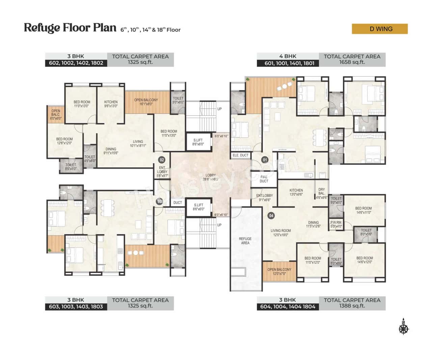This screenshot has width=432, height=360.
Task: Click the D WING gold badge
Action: pyautogui.click(x=380, y=29)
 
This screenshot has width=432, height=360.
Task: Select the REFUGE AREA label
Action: pyautogui.click(x=245, y=241)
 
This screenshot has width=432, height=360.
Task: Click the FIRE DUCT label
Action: pyautogui.click(x=264, y=179)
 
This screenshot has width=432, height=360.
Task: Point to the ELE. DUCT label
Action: pyautogui.click(x=240, y=155)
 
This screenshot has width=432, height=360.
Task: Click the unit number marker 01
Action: pyautogui.click(x=265, y=160)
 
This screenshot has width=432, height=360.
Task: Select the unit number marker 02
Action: pyautogui.click(x=162, y=160)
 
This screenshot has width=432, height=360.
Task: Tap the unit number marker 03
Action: pyautogui.click(x=160, y=201)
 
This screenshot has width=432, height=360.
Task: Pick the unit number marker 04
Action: pyautogui.click(x=271, y=216)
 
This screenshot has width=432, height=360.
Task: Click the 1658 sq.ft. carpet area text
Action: pyautogui.click(x=352, y=62)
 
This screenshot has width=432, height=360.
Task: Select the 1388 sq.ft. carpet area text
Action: pyautogui.click(x=352, y=306)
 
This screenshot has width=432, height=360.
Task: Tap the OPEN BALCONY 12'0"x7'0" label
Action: pyautogui.click(x=279, y=272)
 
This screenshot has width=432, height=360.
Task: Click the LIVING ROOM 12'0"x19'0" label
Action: pyautogui.click(x=280, y=233)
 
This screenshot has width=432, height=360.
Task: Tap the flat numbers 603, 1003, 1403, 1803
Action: pyautogui.click(x=76, y=307)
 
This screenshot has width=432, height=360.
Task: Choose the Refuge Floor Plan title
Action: pyautogui.click(x=70, y=28)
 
